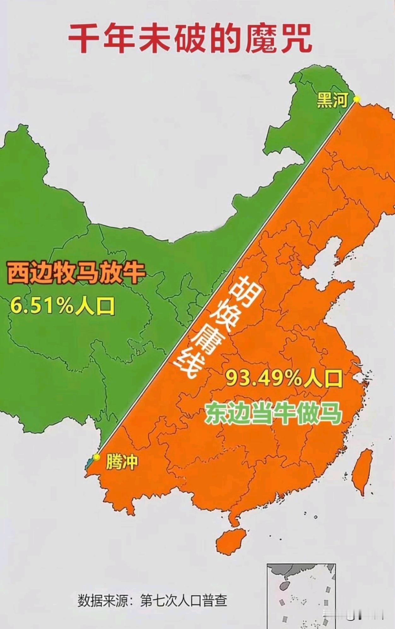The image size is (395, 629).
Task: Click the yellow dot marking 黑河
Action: [356, 99]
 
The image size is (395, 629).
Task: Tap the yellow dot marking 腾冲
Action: [96, 457]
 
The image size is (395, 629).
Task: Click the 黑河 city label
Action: [332, 100]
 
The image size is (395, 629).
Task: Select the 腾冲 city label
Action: [122, 462]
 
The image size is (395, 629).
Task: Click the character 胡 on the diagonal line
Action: [243, 288]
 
